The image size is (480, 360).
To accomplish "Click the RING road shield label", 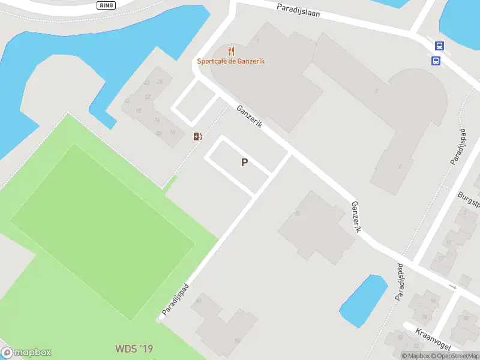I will tap(105, 4).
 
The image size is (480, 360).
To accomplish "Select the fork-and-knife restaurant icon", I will tap(231, 51).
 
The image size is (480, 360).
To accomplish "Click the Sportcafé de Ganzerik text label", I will tap(231, 61).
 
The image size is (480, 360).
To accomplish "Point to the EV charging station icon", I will tap(197, 136).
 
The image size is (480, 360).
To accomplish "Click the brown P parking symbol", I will tap(244, 162).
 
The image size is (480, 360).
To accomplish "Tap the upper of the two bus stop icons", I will tap(440, 46).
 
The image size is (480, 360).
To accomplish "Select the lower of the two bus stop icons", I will tap(436, 60).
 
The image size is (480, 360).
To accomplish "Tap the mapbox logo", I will tap(26, 353).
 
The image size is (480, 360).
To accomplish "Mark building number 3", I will tap(376, 91).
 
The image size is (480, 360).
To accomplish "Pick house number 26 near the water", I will tap(160, 82).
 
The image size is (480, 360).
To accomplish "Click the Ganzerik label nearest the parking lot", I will tap(249, 119).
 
